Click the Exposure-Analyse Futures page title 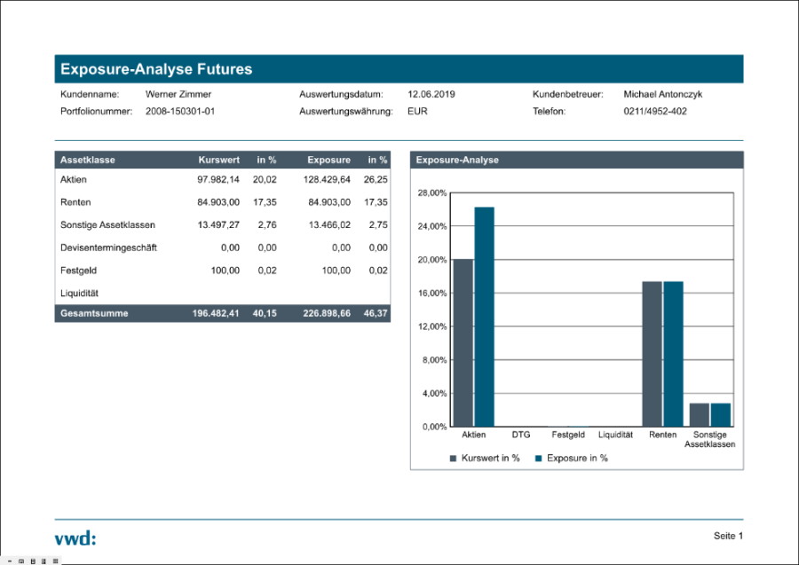pos(156,69)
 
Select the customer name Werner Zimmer pos(178,94)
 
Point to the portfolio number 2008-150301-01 pos(180,112)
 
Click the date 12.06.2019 pos(431,94)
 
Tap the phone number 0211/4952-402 pos(655,112)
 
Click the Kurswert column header pos(218,161)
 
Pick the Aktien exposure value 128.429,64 pos(328,179)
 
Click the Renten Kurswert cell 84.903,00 pos(218,202)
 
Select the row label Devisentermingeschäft pos(108,247)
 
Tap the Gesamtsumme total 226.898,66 pos(327,314)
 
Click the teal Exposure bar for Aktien pos(484,317)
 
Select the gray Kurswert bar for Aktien pos(463,342)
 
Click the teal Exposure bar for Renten pos(674,354)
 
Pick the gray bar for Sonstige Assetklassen pos(700,415)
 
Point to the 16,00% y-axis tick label pos(432,294)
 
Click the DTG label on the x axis pos(521,436)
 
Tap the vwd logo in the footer pos(75,538)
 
